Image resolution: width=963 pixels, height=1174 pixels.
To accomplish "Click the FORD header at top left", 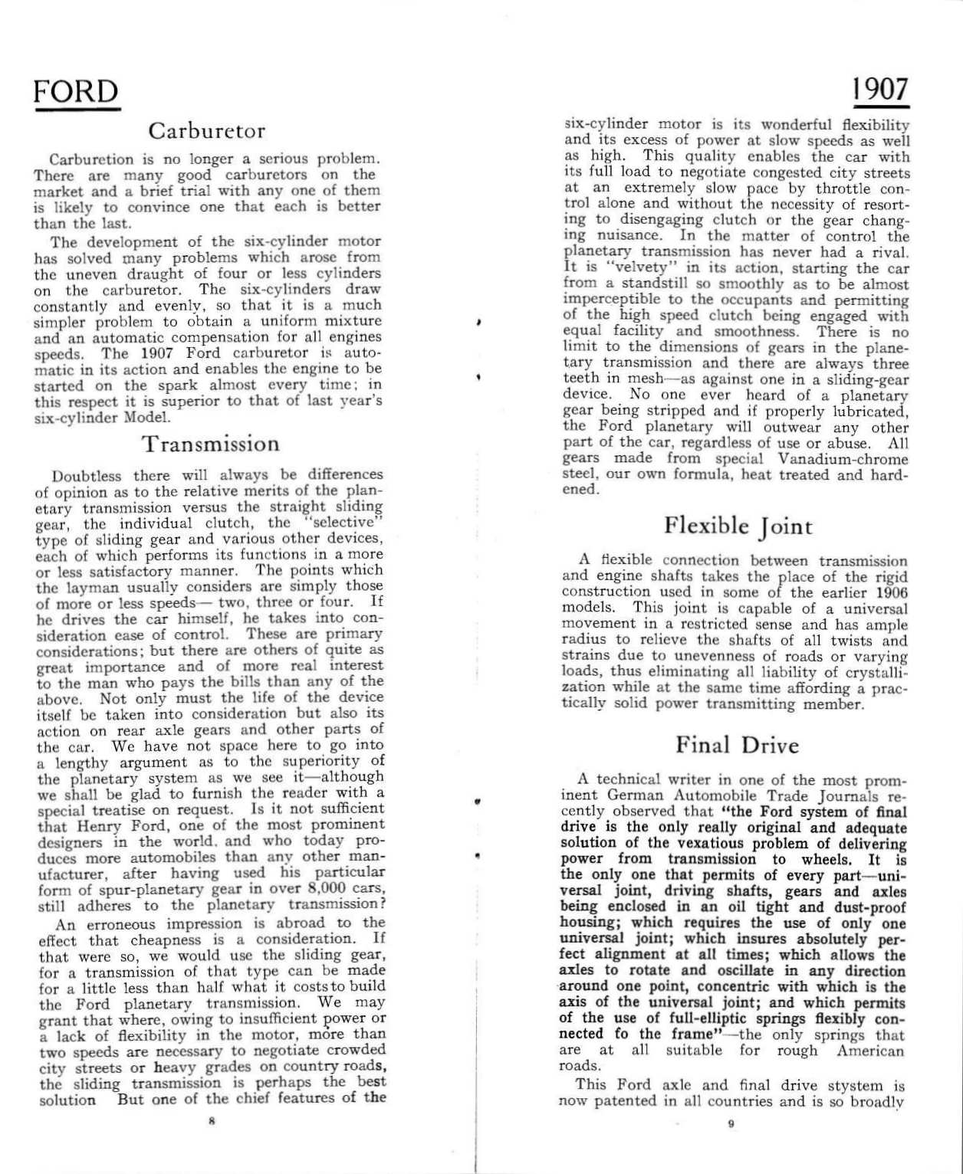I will tap(77, 92).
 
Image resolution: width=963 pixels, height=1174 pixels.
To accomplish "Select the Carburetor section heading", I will tap(207, 131).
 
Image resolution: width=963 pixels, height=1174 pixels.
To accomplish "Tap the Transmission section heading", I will tap(211, 444).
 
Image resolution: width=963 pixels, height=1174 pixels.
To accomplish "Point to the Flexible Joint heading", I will tap(738, 526).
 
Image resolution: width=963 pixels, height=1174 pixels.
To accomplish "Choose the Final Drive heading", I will tap(737, 746).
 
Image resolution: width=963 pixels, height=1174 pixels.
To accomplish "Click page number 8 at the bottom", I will tap(209, 1121).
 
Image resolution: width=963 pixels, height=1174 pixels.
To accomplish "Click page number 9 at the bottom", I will tap(731, 1123).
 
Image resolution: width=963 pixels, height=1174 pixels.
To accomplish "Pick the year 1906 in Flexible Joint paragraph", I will tap(889, 592).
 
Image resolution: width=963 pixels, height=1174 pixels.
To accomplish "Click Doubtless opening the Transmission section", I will tap(84, 476).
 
